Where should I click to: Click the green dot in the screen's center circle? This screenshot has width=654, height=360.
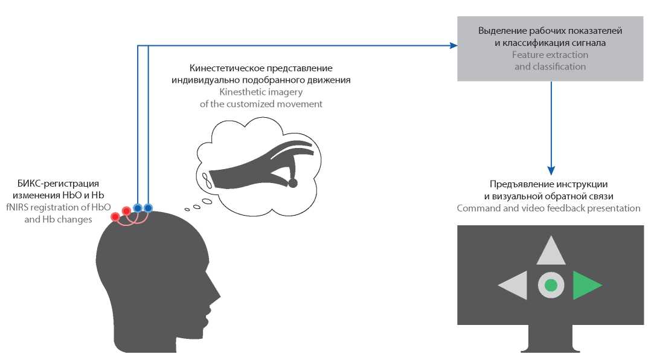click(x=551, y=285)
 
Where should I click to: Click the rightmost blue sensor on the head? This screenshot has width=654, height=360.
click(x=148, y=208)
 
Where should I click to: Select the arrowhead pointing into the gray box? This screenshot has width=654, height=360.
click(x=453, y=45)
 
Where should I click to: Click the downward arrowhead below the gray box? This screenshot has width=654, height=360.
click(x=551, y=171)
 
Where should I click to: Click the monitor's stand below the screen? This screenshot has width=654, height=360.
click(x=550, y=340)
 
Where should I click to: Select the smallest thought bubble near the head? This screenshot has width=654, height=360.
click(x=187, y=209)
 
